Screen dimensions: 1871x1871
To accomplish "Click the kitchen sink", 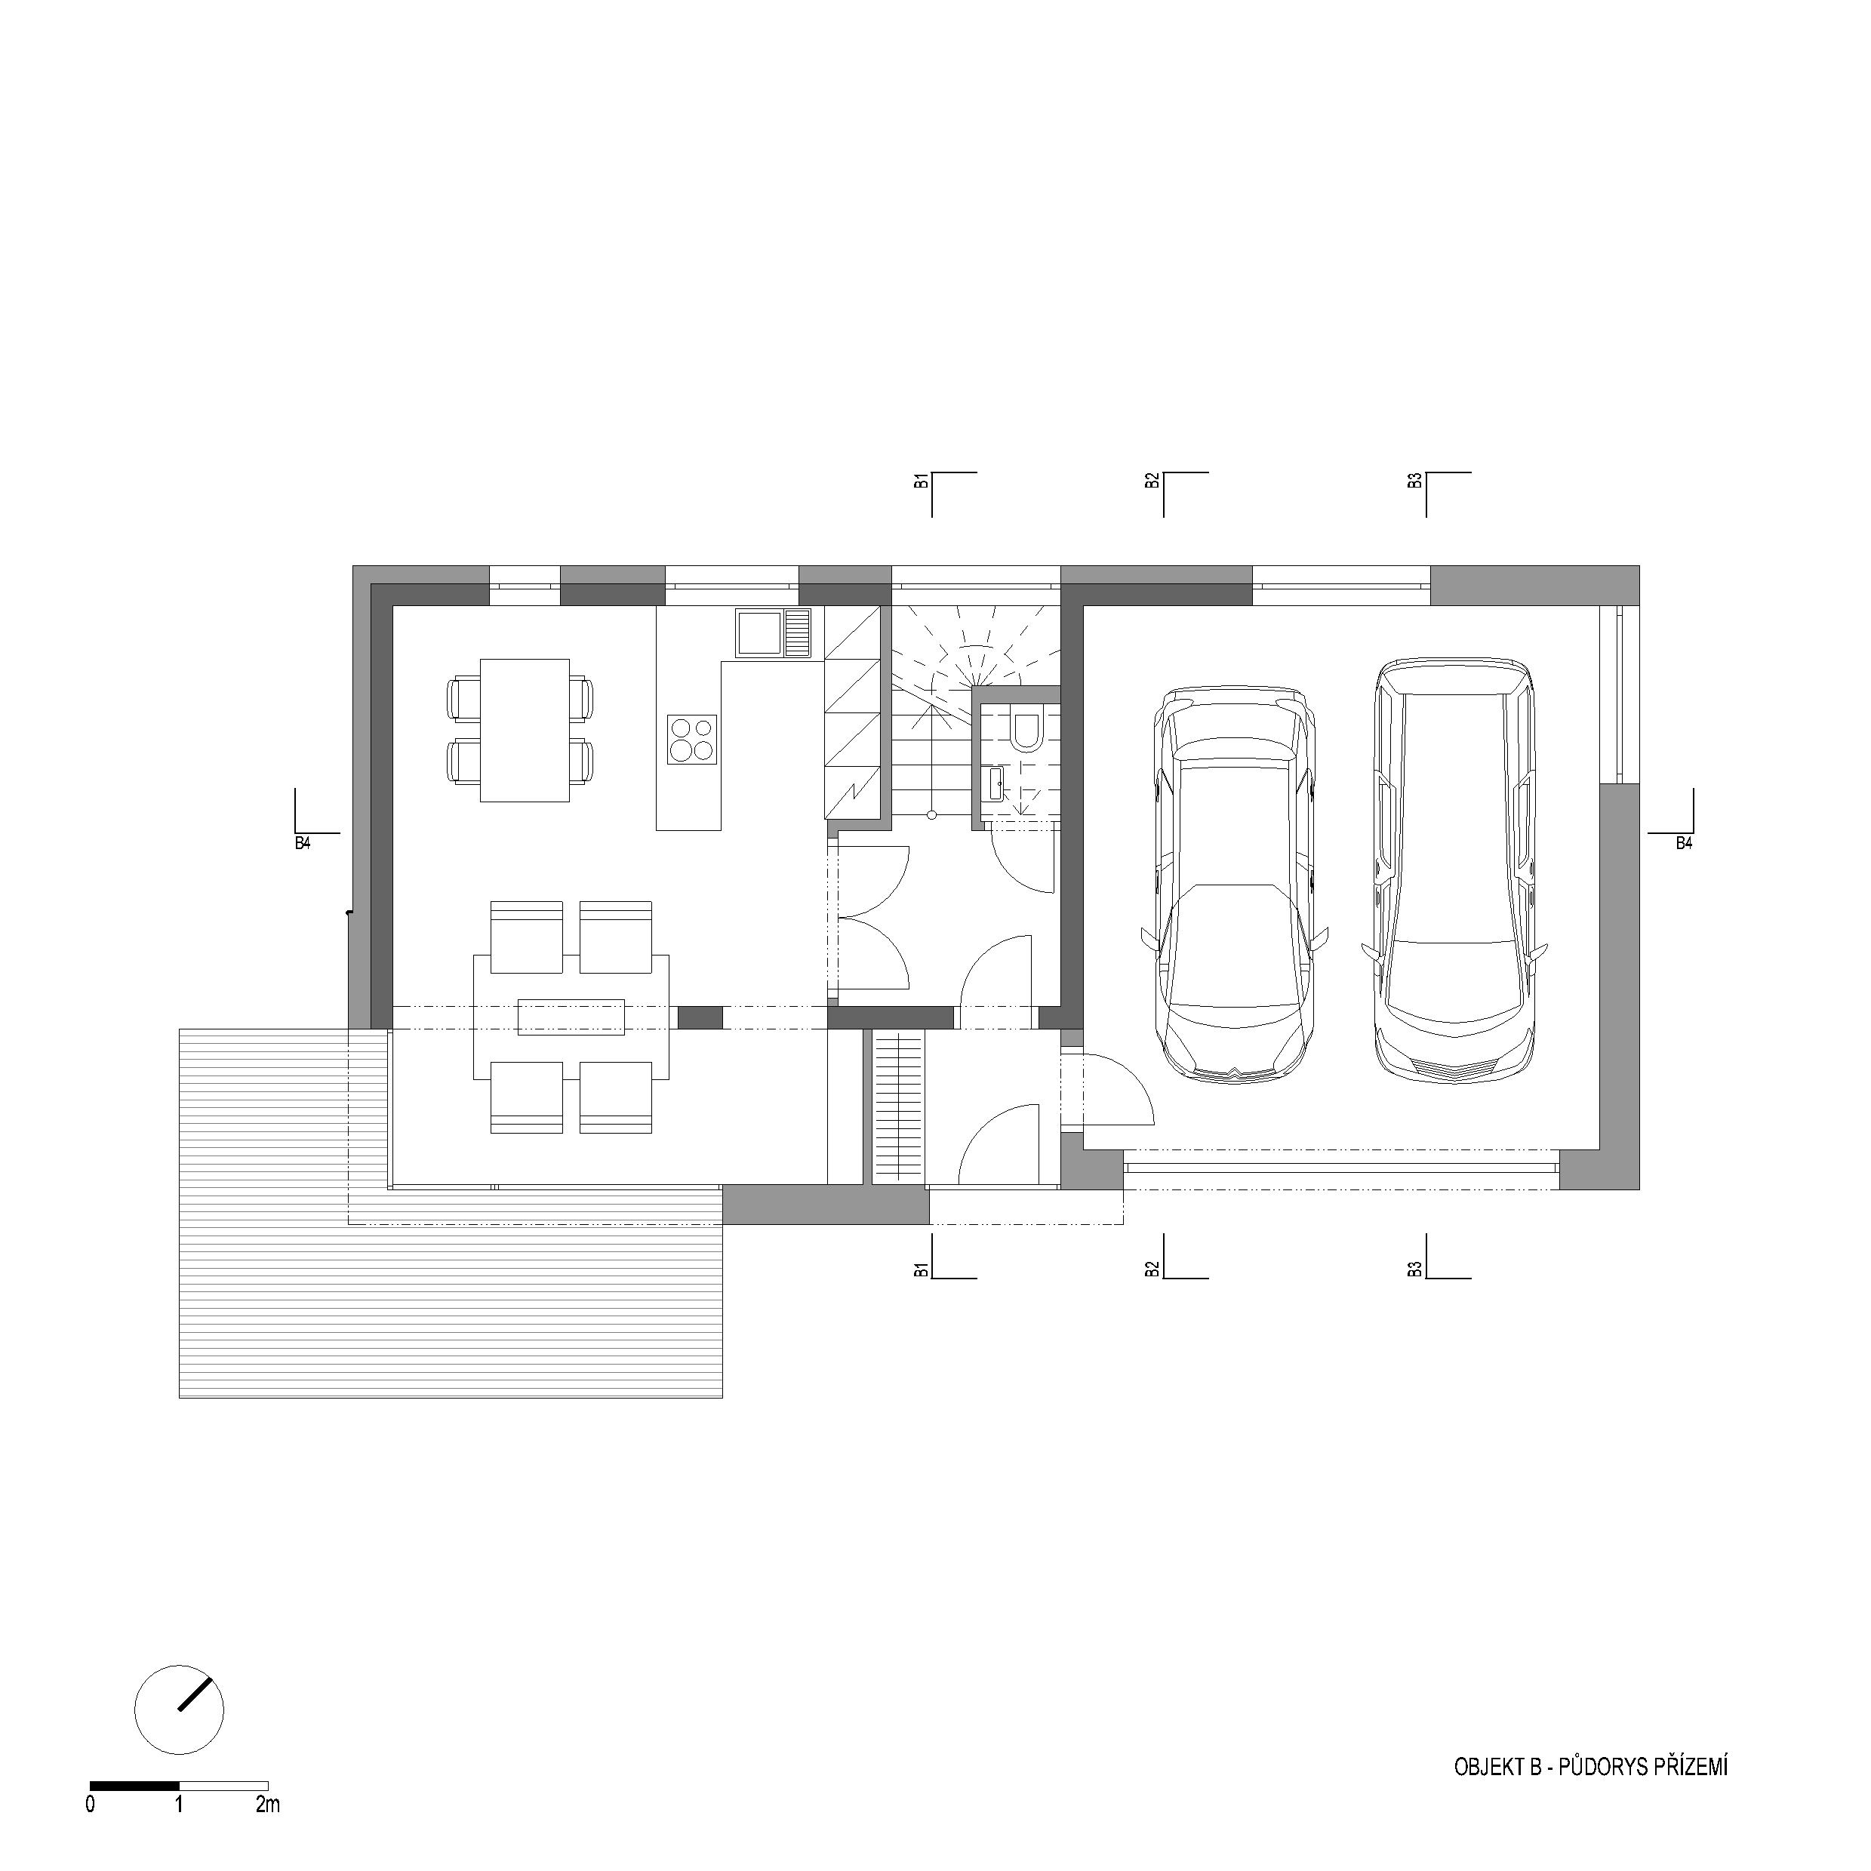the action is point(773,633).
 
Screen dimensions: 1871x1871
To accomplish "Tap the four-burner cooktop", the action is point(692,740).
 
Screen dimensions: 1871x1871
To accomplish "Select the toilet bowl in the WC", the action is point(1025,729).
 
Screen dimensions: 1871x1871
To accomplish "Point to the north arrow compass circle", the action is point(180,1709).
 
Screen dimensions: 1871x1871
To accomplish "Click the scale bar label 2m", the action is point(267,1804).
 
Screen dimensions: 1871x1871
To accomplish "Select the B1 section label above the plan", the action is point(923,480).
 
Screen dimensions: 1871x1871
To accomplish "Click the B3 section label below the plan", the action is point(1416,1269).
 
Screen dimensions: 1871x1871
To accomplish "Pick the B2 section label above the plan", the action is point(1152,480).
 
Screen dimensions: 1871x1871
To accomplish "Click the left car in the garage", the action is point(1234,883).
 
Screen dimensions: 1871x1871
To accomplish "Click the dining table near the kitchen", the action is point(524,730).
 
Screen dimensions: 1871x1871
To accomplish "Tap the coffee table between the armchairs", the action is point(571,1016).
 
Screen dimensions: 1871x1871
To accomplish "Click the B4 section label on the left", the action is point(303,844).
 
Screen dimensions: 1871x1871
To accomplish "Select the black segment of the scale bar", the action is point(134,1785).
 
